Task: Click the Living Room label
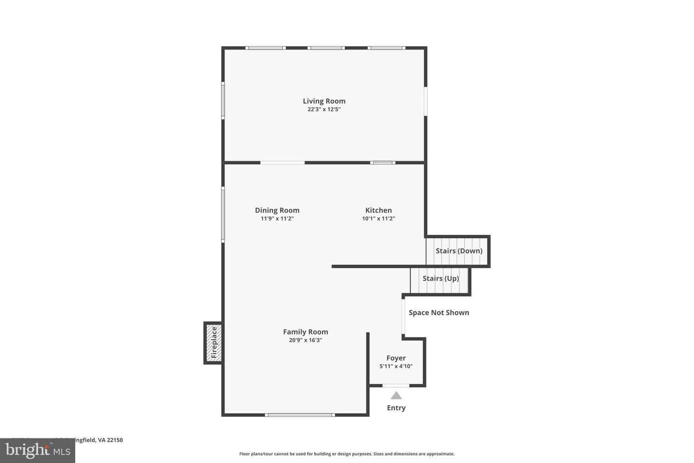coord(324,101)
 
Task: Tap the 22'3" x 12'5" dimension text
coord(324,109)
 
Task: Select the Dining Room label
coord(277,210)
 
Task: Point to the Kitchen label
coord(378,210)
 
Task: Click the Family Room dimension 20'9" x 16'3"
coord(306,340)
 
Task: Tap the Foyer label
coord(396,358)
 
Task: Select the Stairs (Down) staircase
coord(457,251)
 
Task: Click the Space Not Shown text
coord(439,313)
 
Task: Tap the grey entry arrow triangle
coord(396,395)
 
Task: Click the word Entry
coord(396,408)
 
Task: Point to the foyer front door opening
coord(396,385)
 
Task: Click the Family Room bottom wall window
coord(299,415)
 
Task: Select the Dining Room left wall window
coord(223,214)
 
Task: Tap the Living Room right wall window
coord(426,101)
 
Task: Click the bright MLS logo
coord(38,450)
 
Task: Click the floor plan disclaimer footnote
coord(347,454)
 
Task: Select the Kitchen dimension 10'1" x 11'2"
coord(378,218)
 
